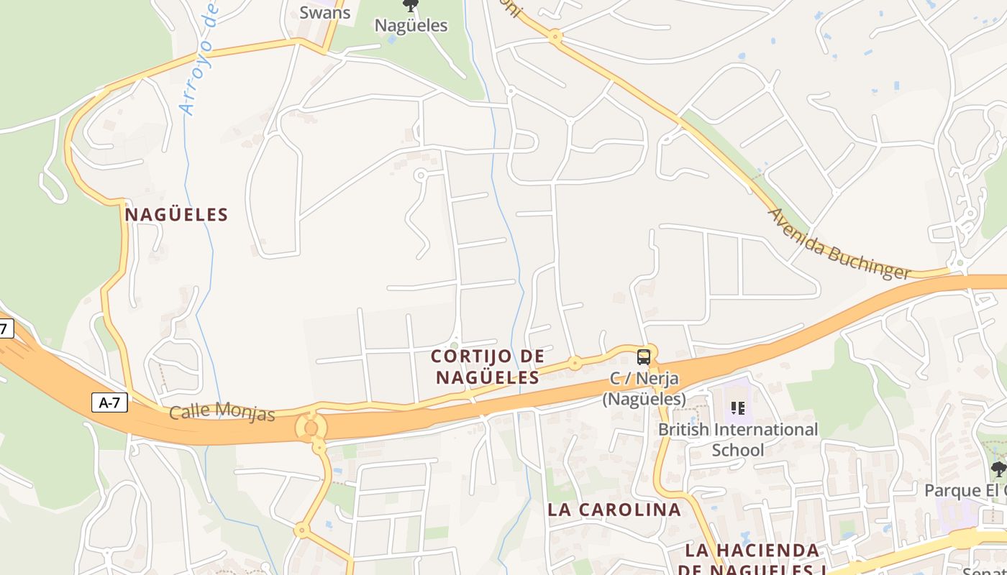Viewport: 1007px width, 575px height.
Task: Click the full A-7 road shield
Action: [109, 402]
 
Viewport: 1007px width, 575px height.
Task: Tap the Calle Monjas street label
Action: [222, 413]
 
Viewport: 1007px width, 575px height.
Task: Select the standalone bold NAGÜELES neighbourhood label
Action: [176, 214]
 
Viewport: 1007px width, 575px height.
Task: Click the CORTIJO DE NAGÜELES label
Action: [488, 367]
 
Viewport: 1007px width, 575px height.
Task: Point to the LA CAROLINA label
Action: [614, 510]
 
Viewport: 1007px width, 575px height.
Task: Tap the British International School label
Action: [738, 439]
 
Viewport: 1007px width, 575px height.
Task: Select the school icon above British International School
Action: [737, 408]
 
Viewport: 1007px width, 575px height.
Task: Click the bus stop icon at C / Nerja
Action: [644, 356]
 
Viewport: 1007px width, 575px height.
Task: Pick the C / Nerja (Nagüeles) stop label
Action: [644, 388]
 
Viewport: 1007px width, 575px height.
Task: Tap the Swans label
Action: [324, 12]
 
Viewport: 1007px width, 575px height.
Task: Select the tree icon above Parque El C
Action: [998, 470]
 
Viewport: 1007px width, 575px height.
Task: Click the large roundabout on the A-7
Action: [311, 428]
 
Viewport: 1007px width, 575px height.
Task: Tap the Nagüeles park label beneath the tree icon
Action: [411, 26]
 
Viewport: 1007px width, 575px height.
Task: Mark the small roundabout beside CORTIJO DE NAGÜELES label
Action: [575, 363]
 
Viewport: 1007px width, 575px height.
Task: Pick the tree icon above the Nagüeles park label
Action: [411, 6]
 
